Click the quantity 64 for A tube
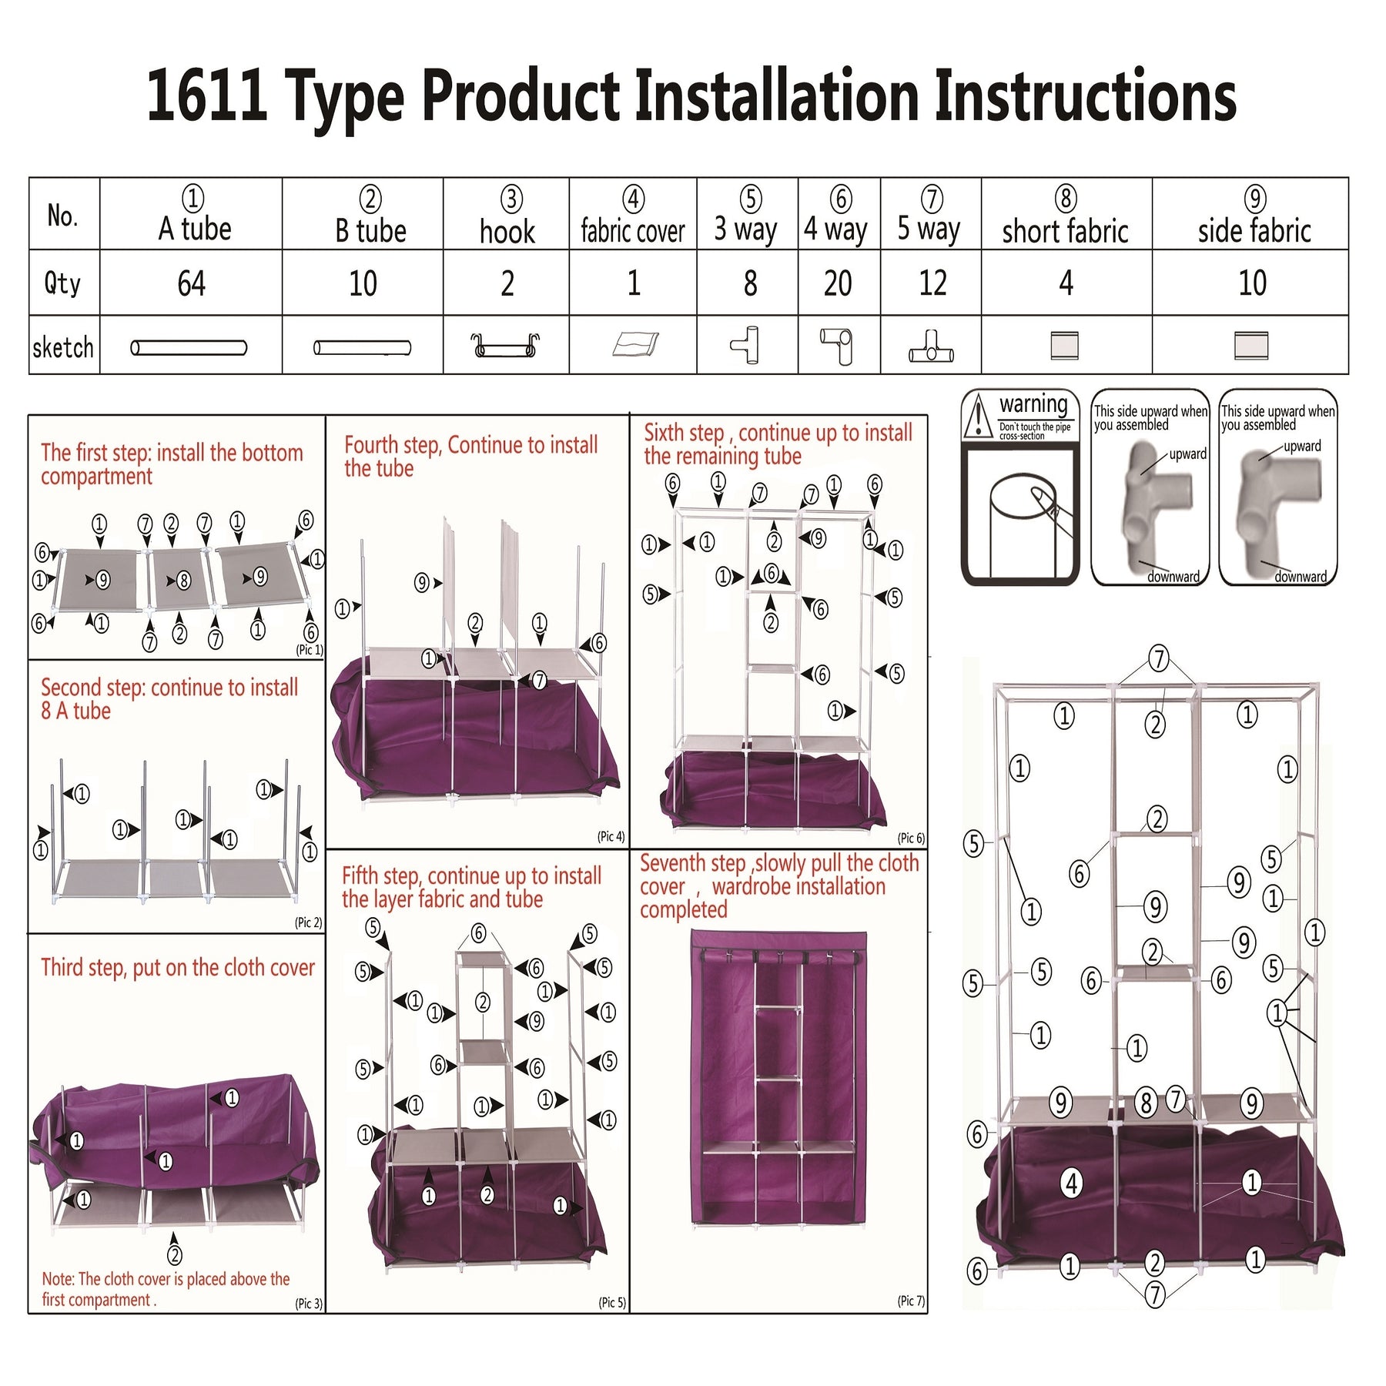(x=192, y=283)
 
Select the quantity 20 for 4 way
(x=838, y=283)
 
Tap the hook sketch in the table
(x=506, y=346)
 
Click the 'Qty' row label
(x=62, y=283)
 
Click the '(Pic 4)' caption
(x=611, y=836)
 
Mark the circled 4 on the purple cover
(x=1072, y=1182)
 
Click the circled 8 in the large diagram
(x=1146, y=1103)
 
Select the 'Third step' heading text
(x=178, y=968)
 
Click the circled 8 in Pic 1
(x=183, y=580)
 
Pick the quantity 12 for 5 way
(x=932, y=283)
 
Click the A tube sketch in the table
(x=189, y=348)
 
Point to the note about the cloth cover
(x=166, y=1289)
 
